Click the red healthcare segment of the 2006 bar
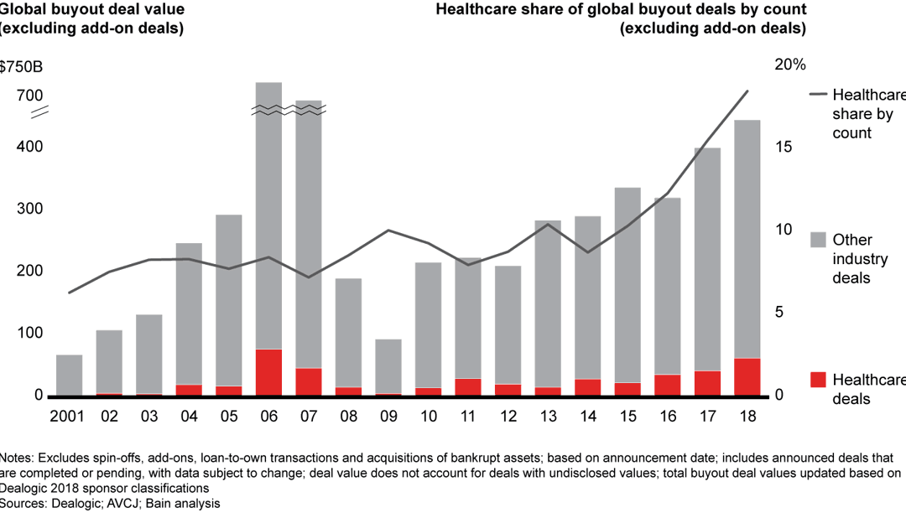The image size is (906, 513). pyautogui.click(x=268, y=372)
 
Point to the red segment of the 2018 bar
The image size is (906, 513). pyautogui.click(x=747, y=377)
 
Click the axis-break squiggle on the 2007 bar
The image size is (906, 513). pyautogui.click(x=309, y=109)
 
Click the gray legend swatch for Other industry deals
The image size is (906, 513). pyautogui.click(x=818, y=240)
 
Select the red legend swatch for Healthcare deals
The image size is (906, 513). pyautogui.click(x=818, y=380)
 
